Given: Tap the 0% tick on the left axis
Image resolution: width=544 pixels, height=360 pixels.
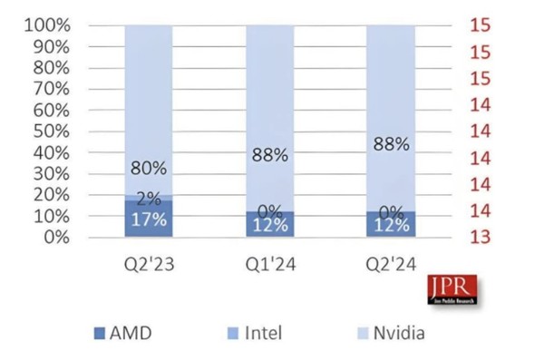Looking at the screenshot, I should (x=56, y=238).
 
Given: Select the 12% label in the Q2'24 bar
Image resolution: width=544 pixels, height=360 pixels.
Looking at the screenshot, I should (x=390, y=225).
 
